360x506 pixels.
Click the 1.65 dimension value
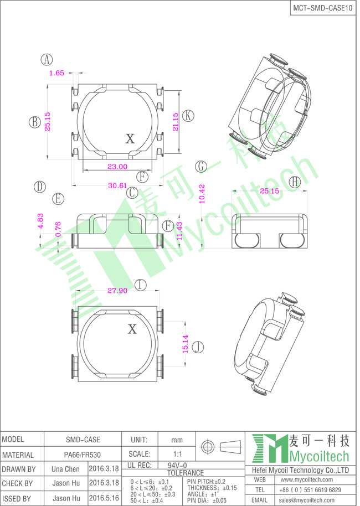point(57,73)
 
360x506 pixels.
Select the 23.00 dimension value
point(117,167)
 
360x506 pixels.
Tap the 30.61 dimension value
point(117,185)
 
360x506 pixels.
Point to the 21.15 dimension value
point(176,122)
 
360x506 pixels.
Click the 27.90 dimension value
point(117,291)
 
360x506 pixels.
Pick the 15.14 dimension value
point(186,344)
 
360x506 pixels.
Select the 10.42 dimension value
point(202,194)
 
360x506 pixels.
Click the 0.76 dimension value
point(58,229)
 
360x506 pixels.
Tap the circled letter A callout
point(47,60)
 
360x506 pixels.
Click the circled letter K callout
point(188,116)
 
